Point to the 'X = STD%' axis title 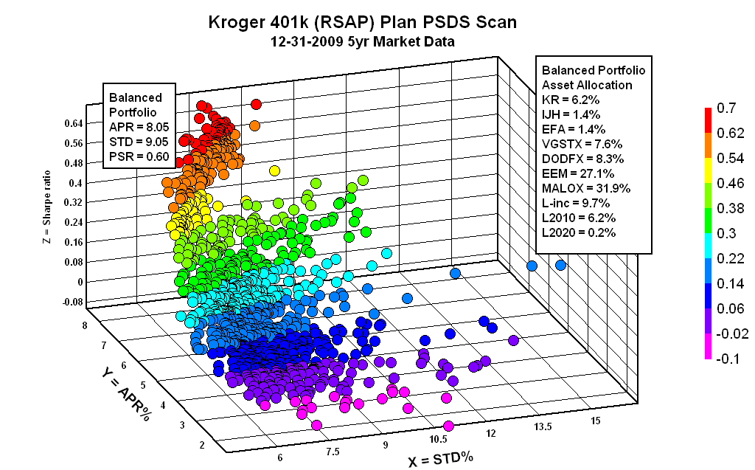click(x=440, y=458)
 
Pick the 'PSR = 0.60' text click(x=140, y=156)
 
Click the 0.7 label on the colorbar click(x=726, y=109)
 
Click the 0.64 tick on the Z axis click(x=73, y=123)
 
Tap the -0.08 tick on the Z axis click(x=72, y=301)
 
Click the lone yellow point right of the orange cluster click(x=274, y=171)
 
